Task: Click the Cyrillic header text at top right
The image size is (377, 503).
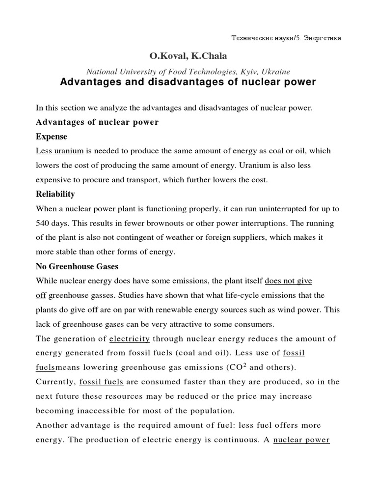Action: [x=286, y=37]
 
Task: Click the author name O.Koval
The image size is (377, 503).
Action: [x=166, y=56]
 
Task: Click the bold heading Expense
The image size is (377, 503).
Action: [x=51, y=137]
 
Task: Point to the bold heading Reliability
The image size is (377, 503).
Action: [x=55, y=194]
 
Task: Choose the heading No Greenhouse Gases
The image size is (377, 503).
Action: [x=77, y=267]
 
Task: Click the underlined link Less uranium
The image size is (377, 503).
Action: [x=60, y=151]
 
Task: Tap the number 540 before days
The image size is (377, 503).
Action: [x=43, y=223]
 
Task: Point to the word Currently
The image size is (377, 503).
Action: [x=54, y=382]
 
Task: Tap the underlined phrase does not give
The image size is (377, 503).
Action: [x=288, y=281]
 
